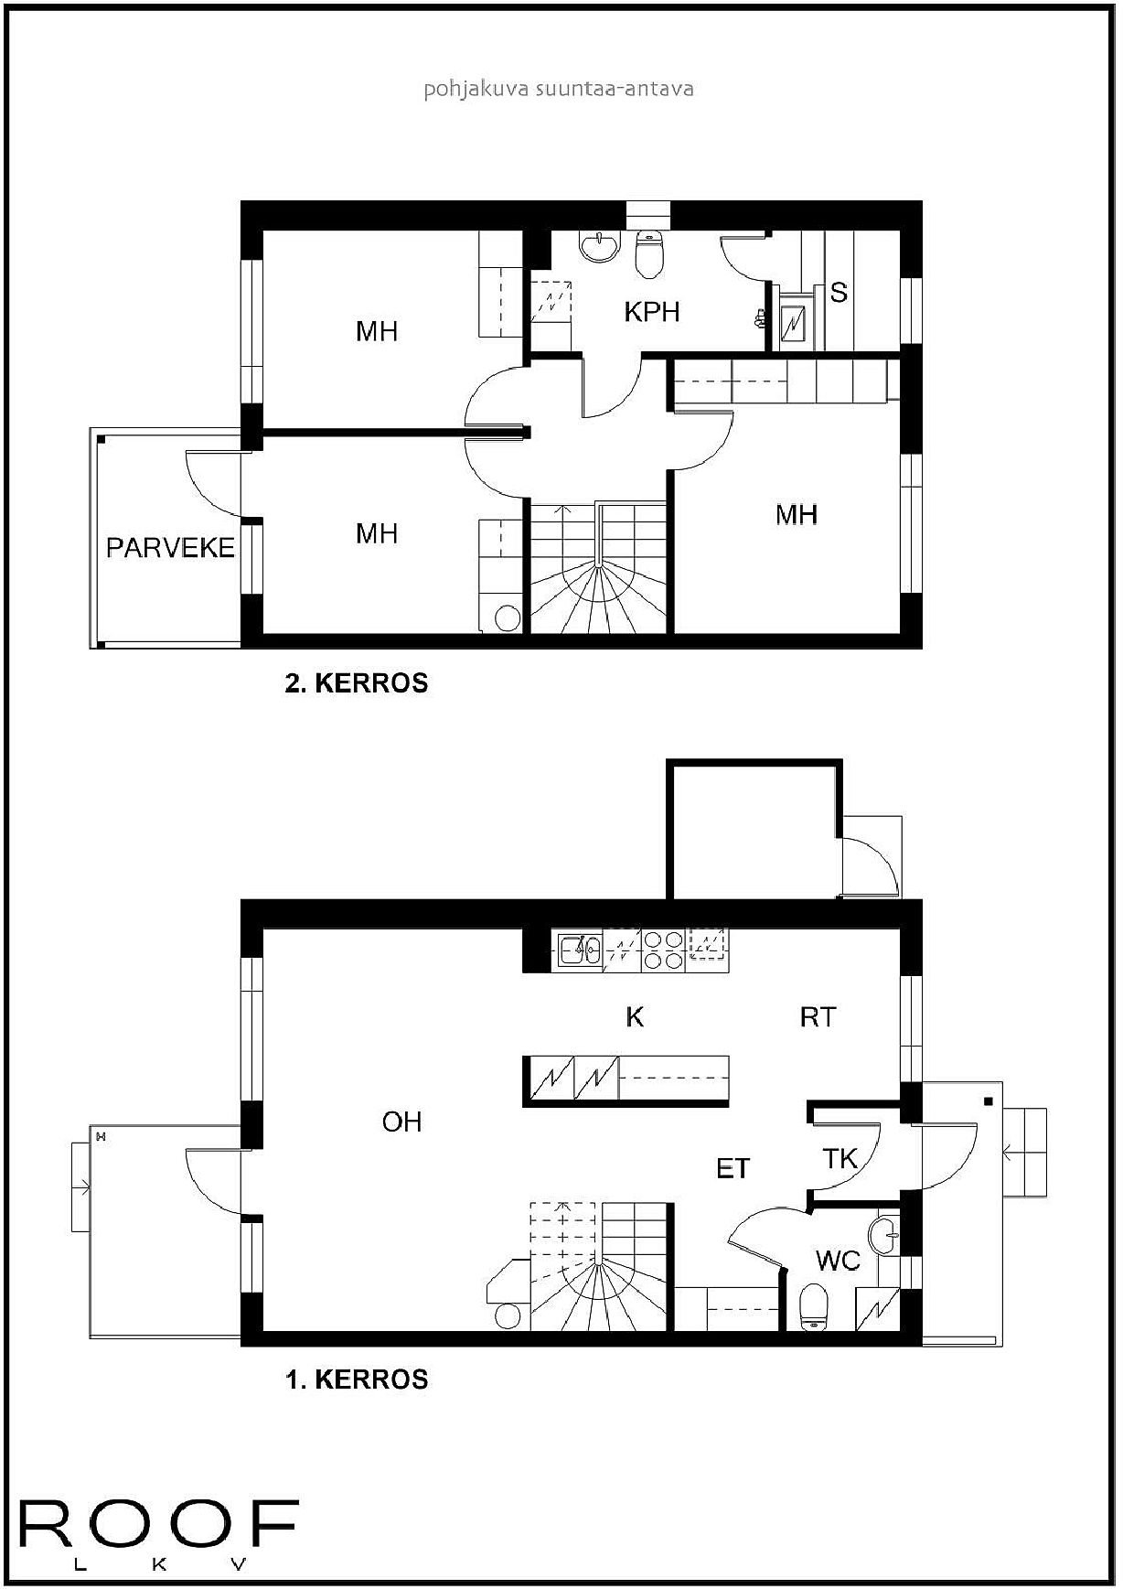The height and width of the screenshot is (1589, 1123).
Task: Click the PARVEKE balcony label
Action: (170, 548)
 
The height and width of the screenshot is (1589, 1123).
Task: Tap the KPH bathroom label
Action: (651, 312)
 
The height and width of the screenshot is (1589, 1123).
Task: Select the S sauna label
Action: (838, 293)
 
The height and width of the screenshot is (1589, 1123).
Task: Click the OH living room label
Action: (401, 1122)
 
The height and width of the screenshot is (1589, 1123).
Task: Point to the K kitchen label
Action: (635, 1017)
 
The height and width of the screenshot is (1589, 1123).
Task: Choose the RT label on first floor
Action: (817, 1017)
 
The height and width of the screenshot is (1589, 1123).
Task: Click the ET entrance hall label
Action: (733, 1168)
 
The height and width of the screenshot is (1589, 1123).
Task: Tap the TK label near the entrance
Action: (840, 1159)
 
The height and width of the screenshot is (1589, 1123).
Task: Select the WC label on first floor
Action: (838, 1261)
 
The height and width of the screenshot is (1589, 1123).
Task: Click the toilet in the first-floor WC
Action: (813, 1307)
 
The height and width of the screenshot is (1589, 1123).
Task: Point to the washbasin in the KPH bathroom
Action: (599, 245)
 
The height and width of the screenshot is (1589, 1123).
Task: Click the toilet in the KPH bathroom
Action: (649, 254)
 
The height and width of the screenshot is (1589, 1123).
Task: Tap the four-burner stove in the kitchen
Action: (662, 950)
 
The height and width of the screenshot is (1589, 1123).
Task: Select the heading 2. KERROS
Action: (357, 683)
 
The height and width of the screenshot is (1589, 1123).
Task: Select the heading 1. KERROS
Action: (357, 1380)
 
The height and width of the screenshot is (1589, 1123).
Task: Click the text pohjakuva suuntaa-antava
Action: (559, 89)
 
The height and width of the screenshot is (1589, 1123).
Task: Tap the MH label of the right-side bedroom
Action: (796, 515)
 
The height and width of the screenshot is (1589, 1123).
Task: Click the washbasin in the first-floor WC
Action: (885, 1237)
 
